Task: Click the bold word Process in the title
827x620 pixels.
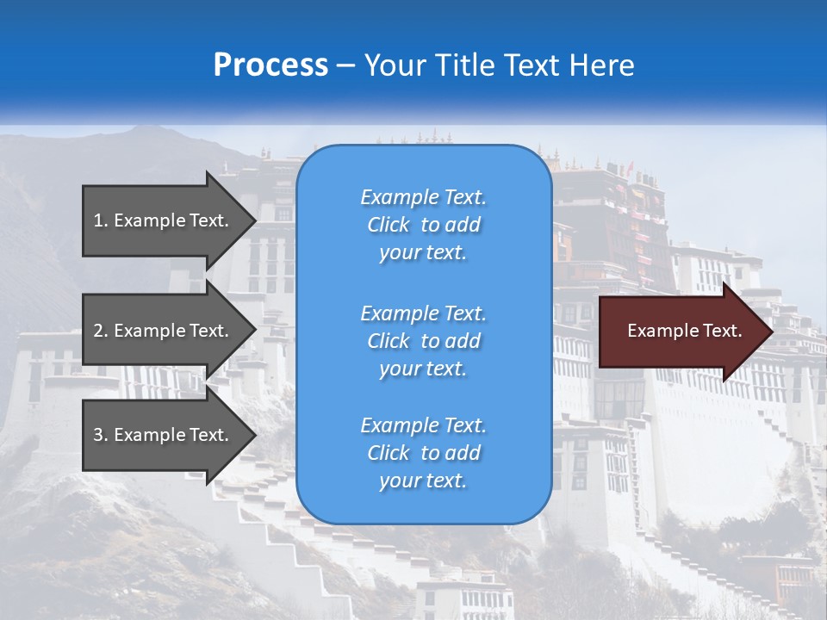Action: (270, 65)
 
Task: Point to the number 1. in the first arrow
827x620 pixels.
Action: (101, 220)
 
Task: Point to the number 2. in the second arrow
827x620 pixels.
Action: (101, 331)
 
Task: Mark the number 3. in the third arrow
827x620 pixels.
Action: (101, 435)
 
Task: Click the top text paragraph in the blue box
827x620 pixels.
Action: (423, 225)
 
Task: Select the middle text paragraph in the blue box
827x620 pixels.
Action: (423, 341)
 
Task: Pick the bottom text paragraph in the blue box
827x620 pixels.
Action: (423, 453)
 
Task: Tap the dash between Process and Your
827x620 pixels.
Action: (345, 66)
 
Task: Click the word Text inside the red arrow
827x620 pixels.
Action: (722, 331)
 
